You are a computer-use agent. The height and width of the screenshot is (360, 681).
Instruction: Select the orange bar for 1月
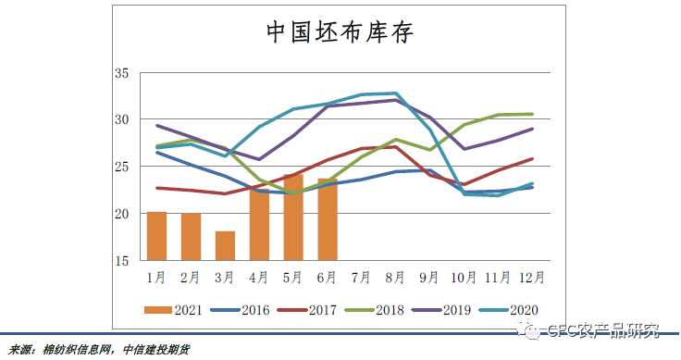[157, 236]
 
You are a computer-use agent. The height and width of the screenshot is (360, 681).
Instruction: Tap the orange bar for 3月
[226, 245]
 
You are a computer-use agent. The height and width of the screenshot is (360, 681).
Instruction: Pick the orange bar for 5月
[293, 217]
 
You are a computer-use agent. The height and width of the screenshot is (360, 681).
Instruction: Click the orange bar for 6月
[328, 219]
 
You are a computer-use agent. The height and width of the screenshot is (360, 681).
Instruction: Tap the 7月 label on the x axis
[362, 276]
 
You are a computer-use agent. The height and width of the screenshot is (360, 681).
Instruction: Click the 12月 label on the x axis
[532, 276]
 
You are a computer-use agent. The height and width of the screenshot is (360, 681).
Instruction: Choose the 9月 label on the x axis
[430, 276]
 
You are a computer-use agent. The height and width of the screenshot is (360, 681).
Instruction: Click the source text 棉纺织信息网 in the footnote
[79, 349]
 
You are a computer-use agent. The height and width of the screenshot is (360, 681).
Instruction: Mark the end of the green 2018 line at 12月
[532, 114]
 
